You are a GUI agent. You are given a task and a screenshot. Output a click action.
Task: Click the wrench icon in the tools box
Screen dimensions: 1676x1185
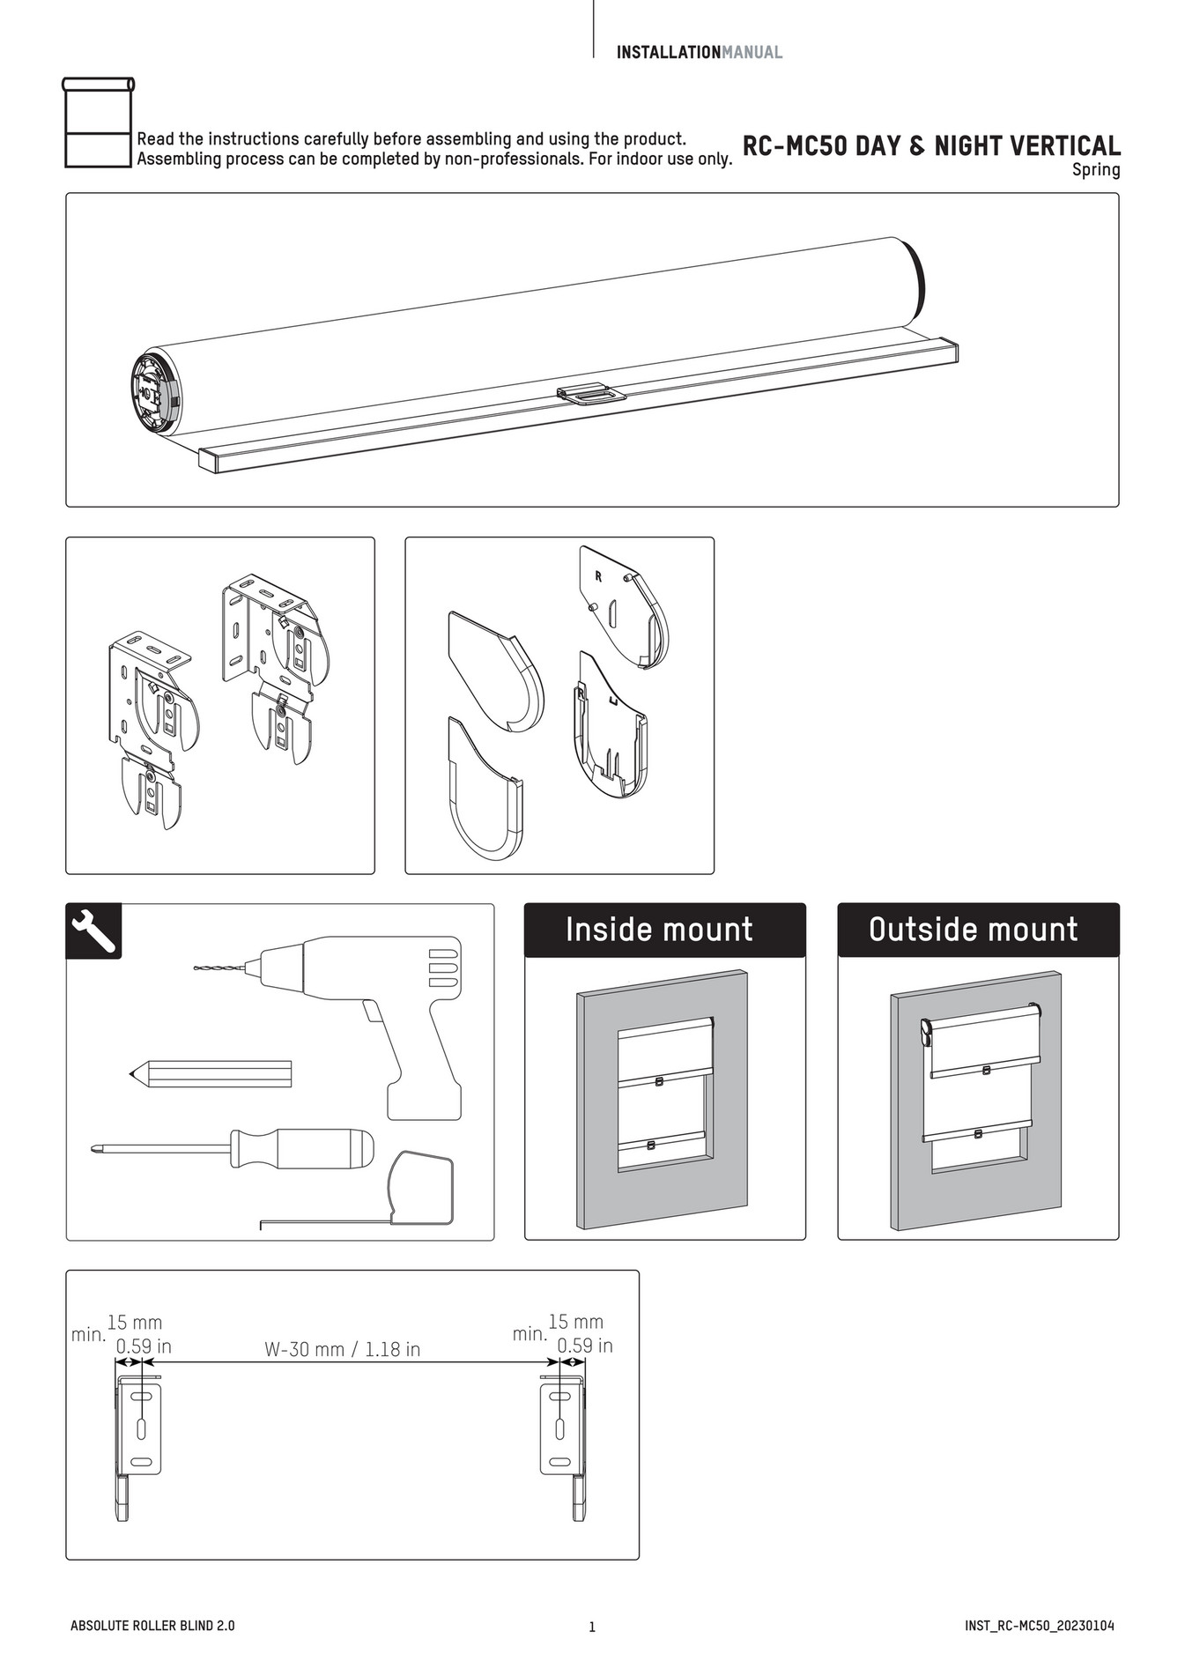(x=93, y=931)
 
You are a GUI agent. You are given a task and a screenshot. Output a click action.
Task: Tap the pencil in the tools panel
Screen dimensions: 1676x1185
(x=211, y=1074)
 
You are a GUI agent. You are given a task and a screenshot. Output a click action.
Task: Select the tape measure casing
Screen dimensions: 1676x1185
(x=421, y=1190)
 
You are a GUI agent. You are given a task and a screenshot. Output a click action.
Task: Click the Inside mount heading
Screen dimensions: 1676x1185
(x=659, y=930)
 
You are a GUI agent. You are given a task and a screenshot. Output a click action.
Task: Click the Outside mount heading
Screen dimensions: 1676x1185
(x=973, y=930)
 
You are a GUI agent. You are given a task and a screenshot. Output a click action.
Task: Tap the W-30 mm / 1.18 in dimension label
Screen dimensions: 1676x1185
(x=342, y=1349)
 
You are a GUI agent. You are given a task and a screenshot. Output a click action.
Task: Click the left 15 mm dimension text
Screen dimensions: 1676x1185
(x=135, y=1323)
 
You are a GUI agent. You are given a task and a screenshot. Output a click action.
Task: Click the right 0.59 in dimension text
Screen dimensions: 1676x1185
(x=584, y=1346)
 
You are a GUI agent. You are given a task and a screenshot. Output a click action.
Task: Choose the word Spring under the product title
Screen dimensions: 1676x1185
(x=1095, y=170)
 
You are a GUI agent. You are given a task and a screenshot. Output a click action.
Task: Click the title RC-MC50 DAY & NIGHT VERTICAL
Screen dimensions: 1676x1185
(x=930, y=145)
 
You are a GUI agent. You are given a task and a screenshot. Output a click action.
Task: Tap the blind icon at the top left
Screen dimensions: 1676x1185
(x=98, y=122)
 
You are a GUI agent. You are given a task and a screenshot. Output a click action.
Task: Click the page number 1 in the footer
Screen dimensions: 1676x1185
(x=592, y=1627)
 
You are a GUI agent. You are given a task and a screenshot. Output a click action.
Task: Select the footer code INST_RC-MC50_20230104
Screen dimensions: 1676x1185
(x=1039, y=1626)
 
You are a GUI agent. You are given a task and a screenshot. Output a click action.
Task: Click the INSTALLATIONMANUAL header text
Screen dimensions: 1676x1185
(x=699, y=52)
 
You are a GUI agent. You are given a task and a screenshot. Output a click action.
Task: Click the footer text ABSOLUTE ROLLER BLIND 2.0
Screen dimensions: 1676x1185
(x=152, y=1626)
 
